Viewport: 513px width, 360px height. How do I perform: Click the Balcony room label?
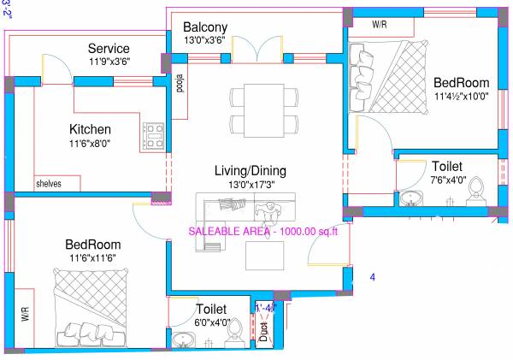(x=205, y=27)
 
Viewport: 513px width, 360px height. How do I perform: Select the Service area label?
(x=109, y=49)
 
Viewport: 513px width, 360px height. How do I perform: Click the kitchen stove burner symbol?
(x=155, y=136)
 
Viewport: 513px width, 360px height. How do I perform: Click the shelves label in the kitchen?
(x=49, y=183)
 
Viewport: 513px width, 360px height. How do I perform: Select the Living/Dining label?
(x=250, y=171)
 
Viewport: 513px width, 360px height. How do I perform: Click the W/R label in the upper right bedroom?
(x=380, y=26)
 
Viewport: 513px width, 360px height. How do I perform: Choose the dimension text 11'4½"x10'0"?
(x=461, y=97)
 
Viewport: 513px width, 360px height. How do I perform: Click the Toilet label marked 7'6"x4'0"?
(x=448, y=166)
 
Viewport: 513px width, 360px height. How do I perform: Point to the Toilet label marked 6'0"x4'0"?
(x=210, y=309)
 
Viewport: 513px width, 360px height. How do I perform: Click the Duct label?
(x=264, y=331)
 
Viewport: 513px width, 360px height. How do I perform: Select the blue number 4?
(x=372, y=277)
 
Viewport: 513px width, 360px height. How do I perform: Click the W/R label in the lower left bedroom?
(x=24, y=316)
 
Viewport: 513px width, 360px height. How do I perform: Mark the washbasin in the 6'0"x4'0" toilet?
(x=183, y=340)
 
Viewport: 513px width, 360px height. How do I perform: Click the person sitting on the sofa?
(x=271, y=209)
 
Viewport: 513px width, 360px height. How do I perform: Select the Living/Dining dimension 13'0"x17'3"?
(x=250, y=185)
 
